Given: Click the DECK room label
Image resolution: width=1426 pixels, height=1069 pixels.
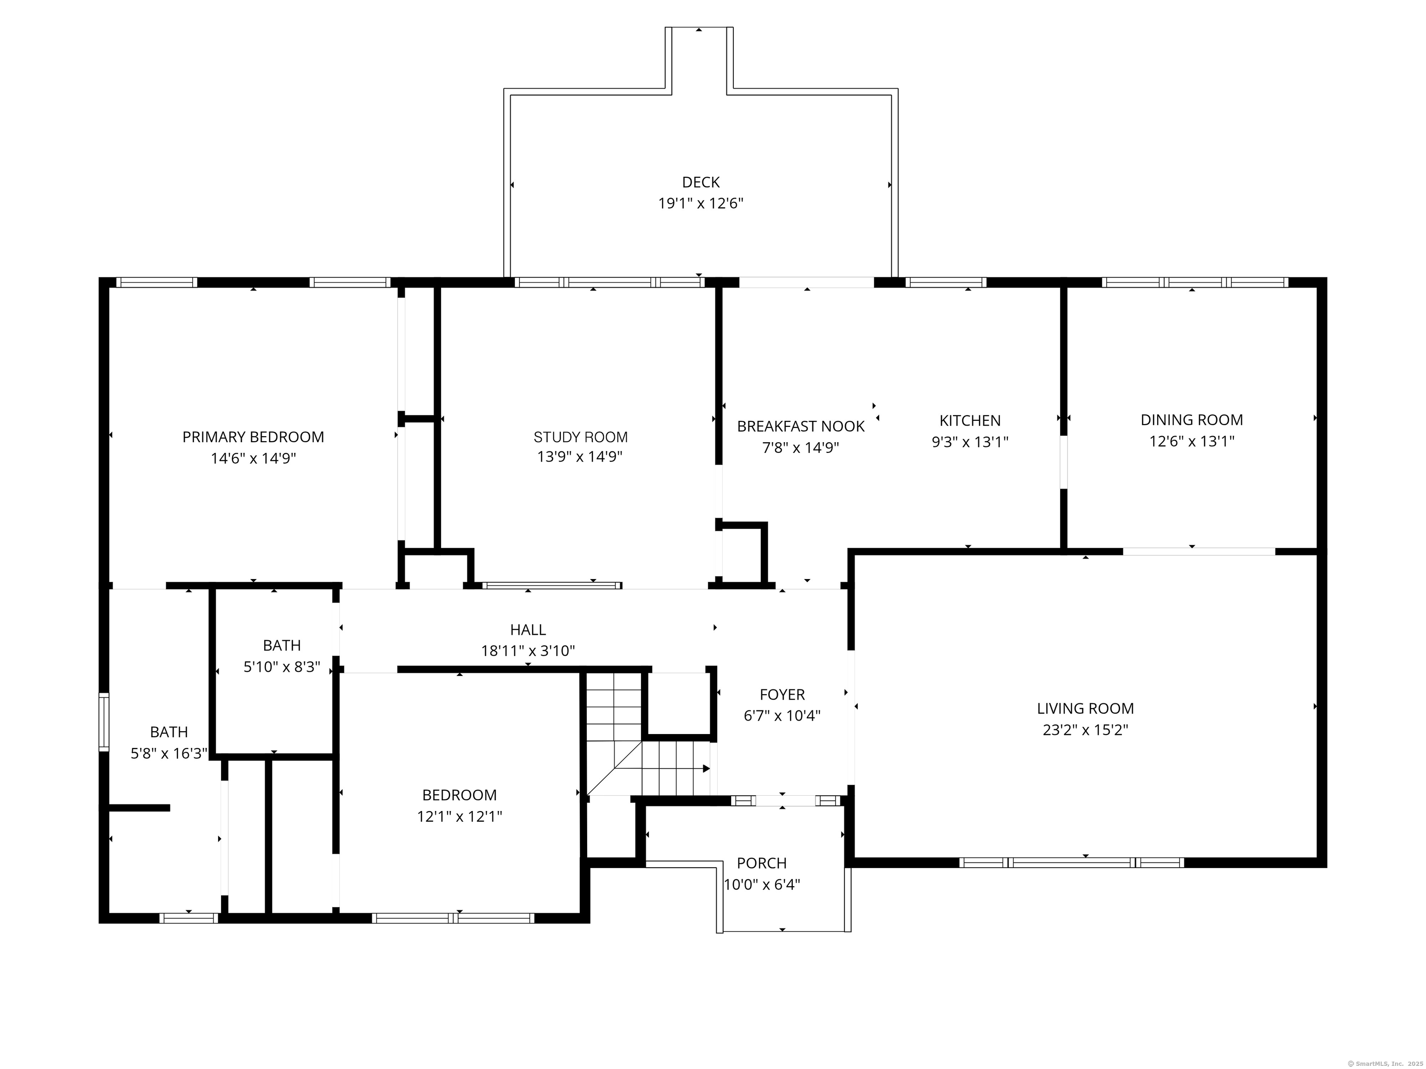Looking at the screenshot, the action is [701, 182].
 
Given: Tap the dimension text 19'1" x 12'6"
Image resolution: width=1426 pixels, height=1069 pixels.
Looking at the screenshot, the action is [701, 204].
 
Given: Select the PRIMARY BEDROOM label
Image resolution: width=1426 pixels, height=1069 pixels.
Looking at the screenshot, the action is [253, 437].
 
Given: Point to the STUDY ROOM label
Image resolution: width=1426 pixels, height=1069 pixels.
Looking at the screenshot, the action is [581, 437].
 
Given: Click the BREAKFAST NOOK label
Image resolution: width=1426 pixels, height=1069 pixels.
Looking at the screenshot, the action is [801, 426].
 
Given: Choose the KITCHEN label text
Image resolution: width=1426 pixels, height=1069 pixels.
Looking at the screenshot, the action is [970, 421].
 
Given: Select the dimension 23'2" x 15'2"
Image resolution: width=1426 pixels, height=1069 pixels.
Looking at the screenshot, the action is [1086, 730].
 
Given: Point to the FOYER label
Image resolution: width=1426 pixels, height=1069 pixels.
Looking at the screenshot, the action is [782, 695].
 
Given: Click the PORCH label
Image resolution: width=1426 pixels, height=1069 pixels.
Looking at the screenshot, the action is [762, 863].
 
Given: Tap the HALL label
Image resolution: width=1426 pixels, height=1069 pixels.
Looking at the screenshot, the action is [528, 630].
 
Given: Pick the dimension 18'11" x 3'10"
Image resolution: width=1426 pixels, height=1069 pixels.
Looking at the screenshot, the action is [528, 651].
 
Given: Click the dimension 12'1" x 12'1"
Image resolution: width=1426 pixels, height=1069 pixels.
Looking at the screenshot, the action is [460, 817].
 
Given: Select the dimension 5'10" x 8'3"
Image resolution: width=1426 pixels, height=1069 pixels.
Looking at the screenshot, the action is [282, 667].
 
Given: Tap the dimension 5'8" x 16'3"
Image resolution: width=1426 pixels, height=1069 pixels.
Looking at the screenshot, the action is [169, 753].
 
